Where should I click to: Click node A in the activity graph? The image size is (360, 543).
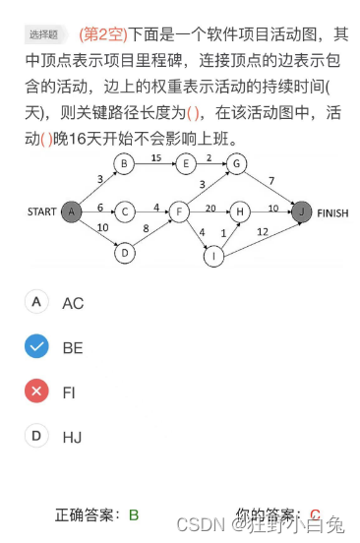point(71,211)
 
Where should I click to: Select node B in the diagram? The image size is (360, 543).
point(124,163)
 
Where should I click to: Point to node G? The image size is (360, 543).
point(239,163)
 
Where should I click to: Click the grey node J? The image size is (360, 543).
point(302,211)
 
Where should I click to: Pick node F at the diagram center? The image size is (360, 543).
point(180,211)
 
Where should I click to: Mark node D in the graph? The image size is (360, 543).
point(124,253)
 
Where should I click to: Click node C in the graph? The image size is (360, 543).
point(124,211)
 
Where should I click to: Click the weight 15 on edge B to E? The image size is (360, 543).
point(155,156)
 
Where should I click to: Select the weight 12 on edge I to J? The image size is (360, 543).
point(261,232)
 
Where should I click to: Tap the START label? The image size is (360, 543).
point(41,211)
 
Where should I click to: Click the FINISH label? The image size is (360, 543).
point(333,211)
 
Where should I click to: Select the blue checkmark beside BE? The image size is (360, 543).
point(36,346)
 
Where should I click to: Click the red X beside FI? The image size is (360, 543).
point(36,391)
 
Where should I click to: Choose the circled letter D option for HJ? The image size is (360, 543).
point(36,435)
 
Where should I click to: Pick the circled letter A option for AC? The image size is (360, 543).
point(36,302)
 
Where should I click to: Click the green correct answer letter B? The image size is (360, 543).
point(134,514)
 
